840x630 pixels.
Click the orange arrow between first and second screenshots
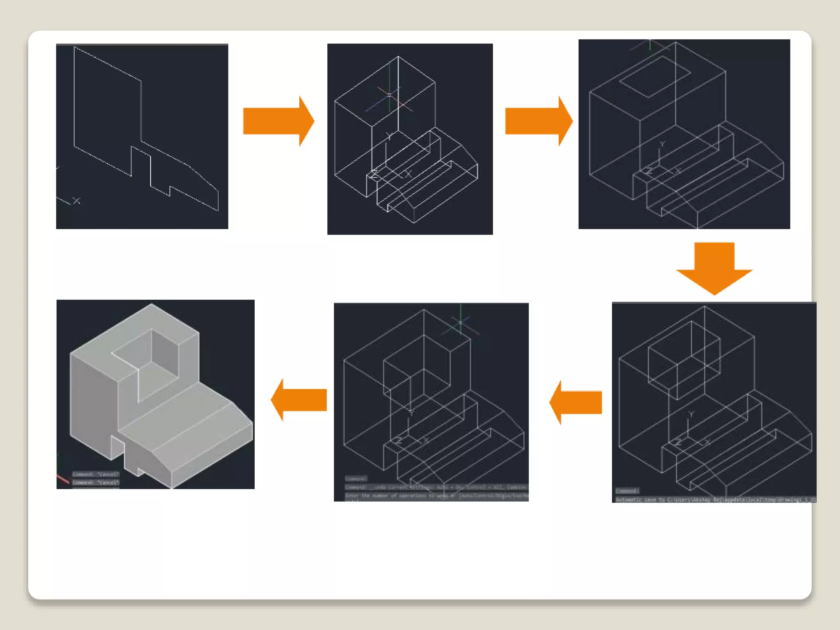click(x=277, y=121)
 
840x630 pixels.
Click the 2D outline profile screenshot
click(x=142, y=137)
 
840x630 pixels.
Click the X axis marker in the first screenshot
click(x=76, y=201)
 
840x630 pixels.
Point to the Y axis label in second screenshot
click(x=389, y=136)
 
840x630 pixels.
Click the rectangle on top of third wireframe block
click(x=655, y=77)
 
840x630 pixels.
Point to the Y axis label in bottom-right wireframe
click(x=691, y=415)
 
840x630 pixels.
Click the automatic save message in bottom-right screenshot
click(x=715, y=499)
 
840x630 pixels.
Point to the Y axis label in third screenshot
click(x=662, y=144)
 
